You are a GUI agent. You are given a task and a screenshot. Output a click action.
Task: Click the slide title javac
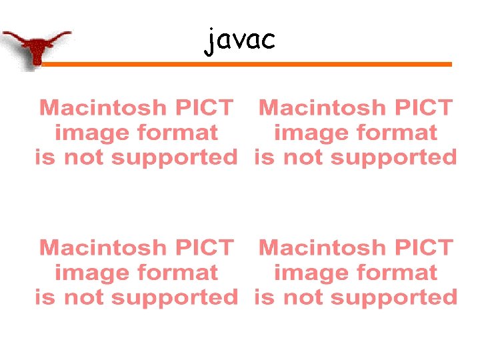tap(239, 41)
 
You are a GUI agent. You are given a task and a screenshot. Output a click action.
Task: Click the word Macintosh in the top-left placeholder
tap(101, 107)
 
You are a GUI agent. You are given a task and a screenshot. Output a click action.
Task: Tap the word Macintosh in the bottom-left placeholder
tap(101, 248)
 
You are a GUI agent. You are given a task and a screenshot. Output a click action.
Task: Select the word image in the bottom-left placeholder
tap(89, 273)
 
